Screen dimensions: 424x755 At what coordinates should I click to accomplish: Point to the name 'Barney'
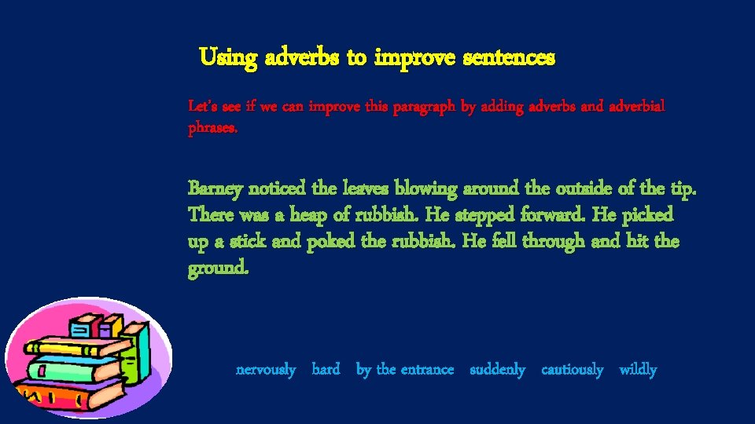pyautogui.click(x=215, y=189)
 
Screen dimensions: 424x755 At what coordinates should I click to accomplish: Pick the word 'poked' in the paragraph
pyautogui.click(x=327, y=242)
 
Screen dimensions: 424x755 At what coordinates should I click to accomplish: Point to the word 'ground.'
pyautogui.click(x=219, y=269)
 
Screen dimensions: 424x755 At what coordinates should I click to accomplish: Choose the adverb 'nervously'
pyautogui.click(x=266, y=369)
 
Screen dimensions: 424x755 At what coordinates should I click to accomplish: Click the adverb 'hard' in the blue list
pyautogui.click(x=326, y=369)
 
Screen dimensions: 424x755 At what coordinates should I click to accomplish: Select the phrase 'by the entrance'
pyautogui.click(x=405, y=369)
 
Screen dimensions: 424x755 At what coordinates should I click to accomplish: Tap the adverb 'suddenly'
pyautogui.click(x=497, y=369)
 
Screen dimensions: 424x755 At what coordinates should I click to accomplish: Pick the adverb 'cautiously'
pyautogui.click(x=573, y=369)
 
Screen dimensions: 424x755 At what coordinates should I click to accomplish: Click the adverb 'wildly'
pyautogui.click(x=638, y=369)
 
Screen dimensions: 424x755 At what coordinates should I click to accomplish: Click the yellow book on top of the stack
pyautogui.click(x=75, y=346)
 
